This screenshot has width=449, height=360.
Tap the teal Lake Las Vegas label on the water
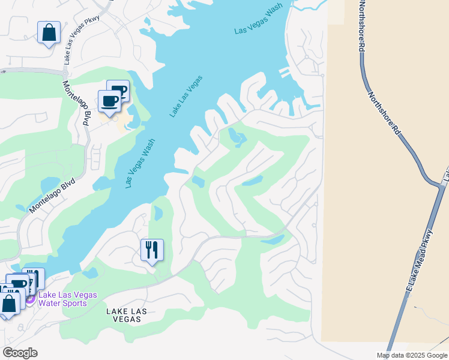186,96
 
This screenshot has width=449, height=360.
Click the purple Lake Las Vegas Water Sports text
63,299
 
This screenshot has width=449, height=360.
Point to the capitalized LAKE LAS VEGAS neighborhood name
126,316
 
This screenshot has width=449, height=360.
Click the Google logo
20,353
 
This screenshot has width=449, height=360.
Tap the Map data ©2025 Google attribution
411,355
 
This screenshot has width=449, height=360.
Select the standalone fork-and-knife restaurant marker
152,250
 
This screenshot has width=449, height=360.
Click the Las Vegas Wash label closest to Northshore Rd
258,22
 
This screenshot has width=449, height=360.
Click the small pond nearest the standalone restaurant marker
158,213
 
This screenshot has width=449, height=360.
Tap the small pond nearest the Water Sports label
90,273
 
